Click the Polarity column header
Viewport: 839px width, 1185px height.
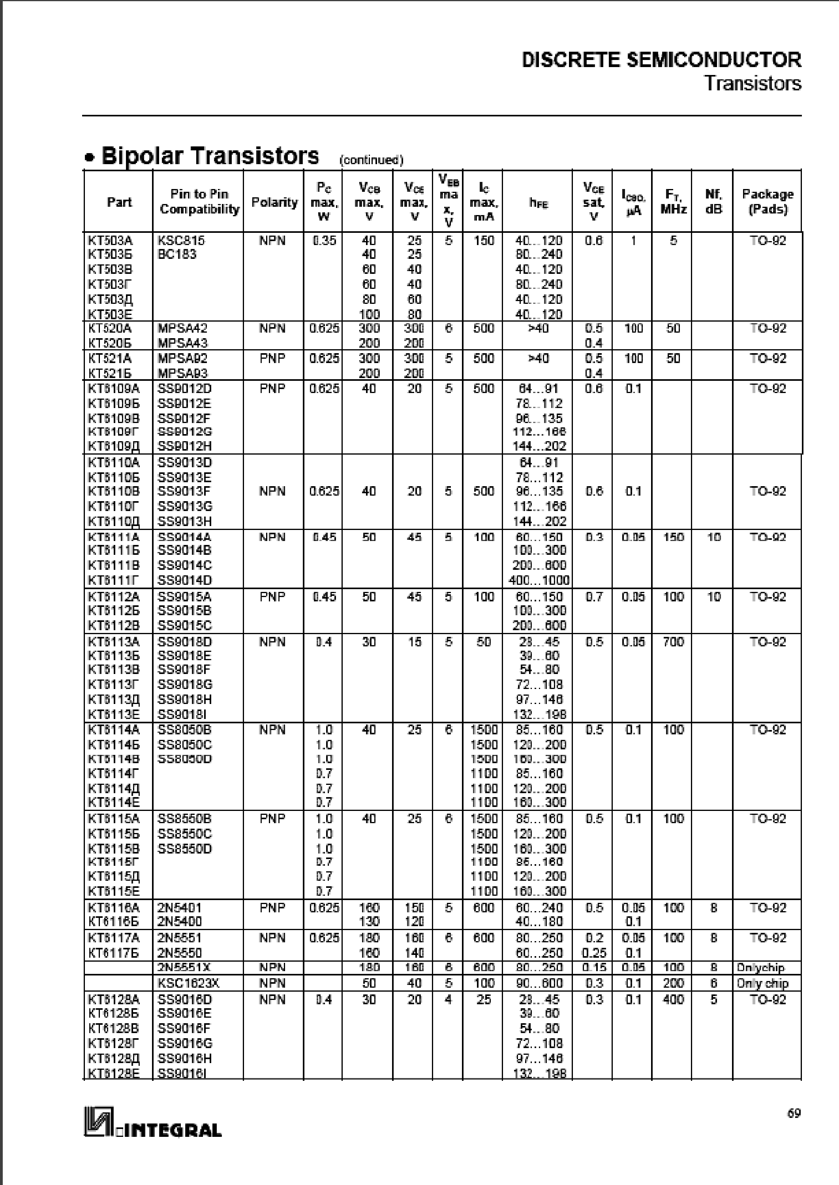(x=274, y=202)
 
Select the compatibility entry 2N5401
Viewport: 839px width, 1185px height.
(x=179, y=908)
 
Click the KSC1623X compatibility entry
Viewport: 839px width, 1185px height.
(x=185, y=983)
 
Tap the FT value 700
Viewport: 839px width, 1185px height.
(x=673, y=642)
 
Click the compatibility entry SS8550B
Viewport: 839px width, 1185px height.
(x=184, y=819)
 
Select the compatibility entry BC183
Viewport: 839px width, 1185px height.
(x=177, y=255)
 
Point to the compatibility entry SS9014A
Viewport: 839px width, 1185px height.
(x=184, y=537)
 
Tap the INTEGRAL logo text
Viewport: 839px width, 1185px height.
(x=171, y=1130)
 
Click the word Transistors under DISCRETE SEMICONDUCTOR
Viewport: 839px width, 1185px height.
(x=753, y=83)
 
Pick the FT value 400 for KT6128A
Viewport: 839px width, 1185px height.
(x=673, y=1000)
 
